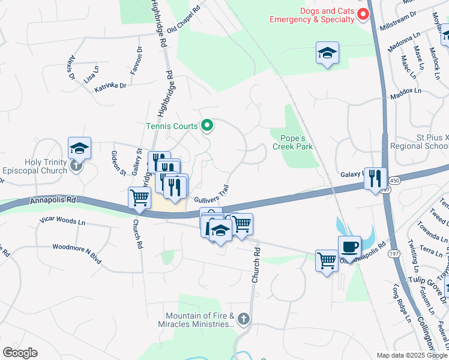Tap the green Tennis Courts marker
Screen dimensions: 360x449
207,125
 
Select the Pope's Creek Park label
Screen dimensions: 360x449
294,142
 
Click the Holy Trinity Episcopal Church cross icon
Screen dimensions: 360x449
76,166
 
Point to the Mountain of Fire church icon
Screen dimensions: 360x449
243,318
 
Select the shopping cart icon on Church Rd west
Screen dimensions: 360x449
139,197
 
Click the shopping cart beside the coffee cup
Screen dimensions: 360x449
327,260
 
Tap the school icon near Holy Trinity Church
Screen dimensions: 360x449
79,148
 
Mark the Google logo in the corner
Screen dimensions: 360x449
20,353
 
